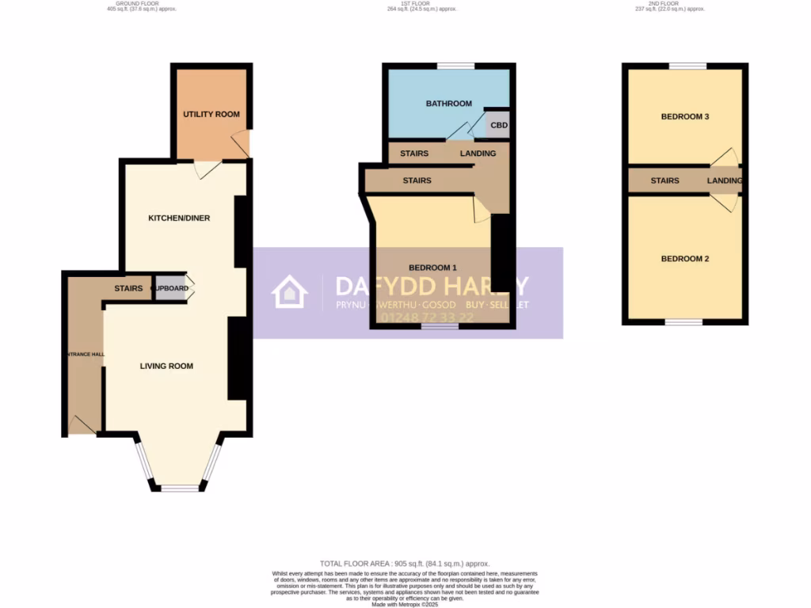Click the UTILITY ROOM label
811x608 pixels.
coord(211,115)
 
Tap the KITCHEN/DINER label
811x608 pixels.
coord(179,218)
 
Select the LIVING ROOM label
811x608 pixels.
coord(166,366)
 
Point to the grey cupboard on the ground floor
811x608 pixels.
coord(170,289)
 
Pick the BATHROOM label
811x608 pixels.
coord(448,104)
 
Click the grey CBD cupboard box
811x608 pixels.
coord(497,125)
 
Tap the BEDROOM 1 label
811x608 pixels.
coord(432,267)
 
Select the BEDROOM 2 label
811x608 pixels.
coord(684,259)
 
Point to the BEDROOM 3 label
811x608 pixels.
coord(684,116)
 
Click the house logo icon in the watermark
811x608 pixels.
coord(289,292)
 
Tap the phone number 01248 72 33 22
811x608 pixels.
coord(428,318)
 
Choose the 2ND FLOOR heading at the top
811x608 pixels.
coord(668,3)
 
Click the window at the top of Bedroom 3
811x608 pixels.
coord(687,66)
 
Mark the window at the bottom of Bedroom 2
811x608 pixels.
coord(683,322)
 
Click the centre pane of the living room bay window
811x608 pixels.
coord(179,488)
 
